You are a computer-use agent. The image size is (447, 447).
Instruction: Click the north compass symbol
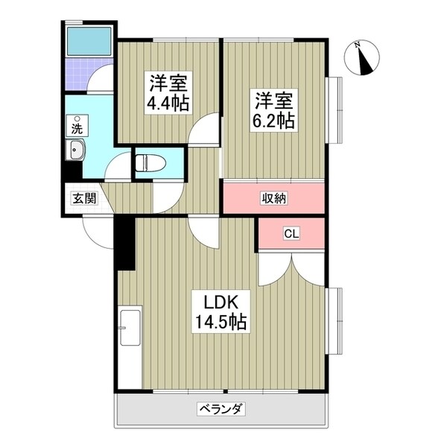coord(365,57)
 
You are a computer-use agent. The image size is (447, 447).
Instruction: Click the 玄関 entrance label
coord(83,198)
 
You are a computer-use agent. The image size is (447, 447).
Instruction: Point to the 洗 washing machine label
coord(77,127)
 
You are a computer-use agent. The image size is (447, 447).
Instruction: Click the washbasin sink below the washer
coord(77,152)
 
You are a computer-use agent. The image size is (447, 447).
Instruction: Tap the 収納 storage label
coord(273,198)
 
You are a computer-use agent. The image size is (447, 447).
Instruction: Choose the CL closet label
coord(291,234)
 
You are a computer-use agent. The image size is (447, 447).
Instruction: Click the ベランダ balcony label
coord(221,409)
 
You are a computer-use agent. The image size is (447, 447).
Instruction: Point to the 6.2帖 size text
coord(275,118)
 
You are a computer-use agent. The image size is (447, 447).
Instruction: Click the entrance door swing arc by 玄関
coord(95,229)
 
